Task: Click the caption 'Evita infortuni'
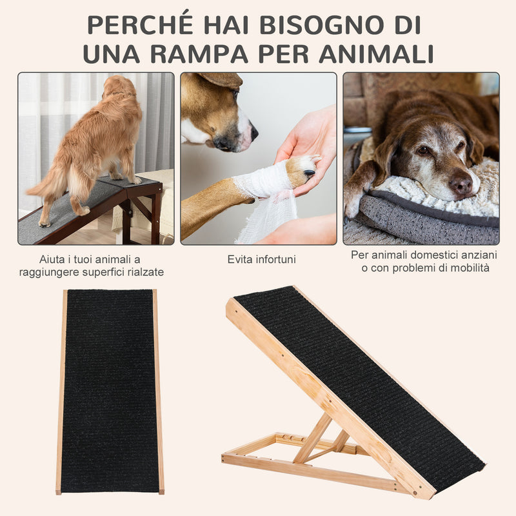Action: pos(261,259)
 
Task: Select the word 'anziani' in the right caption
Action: pos(478,255)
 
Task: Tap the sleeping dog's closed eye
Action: pos(423,150)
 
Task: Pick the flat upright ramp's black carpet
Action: pos(110,390)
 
